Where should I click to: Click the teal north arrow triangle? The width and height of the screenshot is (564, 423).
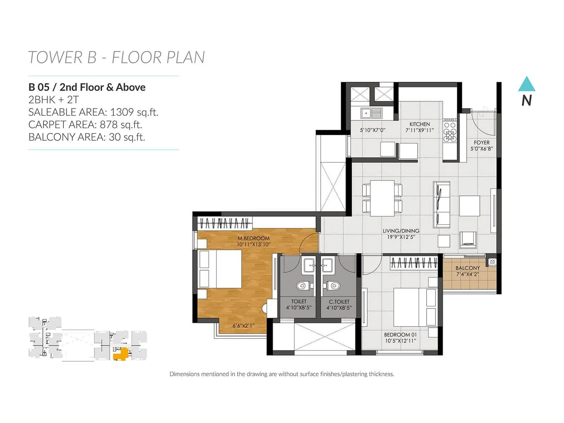[527, 85]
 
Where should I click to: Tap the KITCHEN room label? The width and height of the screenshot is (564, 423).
[419, 124]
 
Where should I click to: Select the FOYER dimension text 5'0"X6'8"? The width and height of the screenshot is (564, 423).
[482, 149]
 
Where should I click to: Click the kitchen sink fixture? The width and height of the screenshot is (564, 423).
[371, 114]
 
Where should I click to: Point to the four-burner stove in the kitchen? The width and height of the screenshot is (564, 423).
[450, 131]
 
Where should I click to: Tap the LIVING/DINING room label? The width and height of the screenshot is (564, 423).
[401, 231]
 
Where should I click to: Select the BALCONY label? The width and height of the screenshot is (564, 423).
[467, 268]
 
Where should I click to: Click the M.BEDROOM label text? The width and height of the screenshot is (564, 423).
[253, 238]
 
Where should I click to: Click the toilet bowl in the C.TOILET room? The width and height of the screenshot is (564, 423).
[333, 286]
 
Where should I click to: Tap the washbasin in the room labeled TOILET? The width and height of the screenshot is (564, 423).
[309, 265]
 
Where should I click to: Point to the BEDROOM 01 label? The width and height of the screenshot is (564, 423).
[400, 335]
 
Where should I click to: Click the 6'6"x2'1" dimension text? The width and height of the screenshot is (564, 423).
[243, 326]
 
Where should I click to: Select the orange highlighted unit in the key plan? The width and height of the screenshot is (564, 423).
[122, 354]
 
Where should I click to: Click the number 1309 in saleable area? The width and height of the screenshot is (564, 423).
[122, 112]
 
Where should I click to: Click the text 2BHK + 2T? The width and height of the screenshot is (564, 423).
[54, 100]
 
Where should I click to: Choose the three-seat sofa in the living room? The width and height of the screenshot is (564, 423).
[441, 204]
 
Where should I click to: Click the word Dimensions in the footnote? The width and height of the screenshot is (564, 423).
[184, 374]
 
